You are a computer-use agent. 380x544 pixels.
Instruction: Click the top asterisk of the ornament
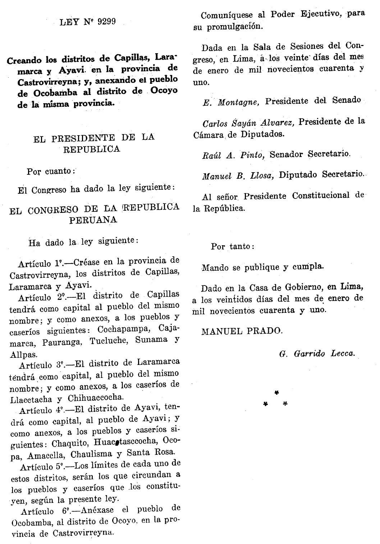tap(276, 392)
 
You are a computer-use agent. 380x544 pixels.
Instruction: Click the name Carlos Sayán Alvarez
tap(248, 123)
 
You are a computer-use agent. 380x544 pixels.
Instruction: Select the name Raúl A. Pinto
tap(233, 155)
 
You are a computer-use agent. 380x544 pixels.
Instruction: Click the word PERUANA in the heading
tap(93, 220)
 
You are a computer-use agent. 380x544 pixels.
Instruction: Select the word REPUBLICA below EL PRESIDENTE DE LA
tap(92, 149)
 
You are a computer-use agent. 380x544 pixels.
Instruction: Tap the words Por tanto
tap(233, 247)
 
